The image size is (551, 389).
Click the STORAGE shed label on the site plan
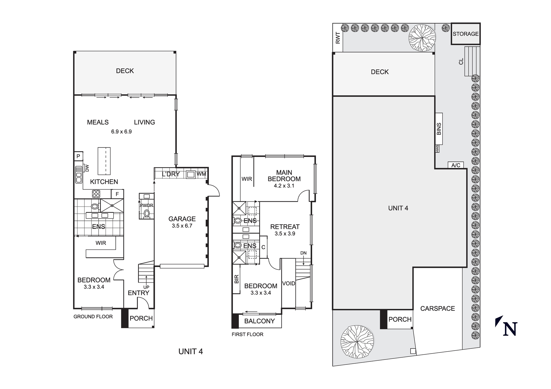pos(466,34)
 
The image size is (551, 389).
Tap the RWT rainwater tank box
pos(338,38)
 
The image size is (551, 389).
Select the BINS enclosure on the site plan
pos(439,129)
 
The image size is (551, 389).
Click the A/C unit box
pos(456,165)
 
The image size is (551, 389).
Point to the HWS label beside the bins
pos(437,149)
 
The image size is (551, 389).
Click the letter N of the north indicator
pos(510,329)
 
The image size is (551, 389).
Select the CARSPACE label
pos(437,309)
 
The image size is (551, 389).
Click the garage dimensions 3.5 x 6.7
pos(182,226)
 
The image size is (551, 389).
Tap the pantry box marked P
pos(78,156)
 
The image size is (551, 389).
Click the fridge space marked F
pos(117,194)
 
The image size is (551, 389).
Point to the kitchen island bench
pos(104,161)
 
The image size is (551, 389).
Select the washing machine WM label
pos(201,174)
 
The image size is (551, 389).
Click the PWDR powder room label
pos(146,205)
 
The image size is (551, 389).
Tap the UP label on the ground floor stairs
pos(146,287)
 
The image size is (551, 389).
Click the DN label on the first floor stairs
pos(303,253)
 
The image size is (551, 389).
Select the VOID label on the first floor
pos(288,283)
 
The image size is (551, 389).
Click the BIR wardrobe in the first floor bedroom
pos(236,279)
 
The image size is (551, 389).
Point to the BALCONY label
pos(259,321)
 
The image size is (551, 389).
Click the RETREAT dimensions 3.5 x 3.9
pos(285,234)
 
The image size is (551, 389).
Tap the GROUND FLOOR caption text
pos(93,317)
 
